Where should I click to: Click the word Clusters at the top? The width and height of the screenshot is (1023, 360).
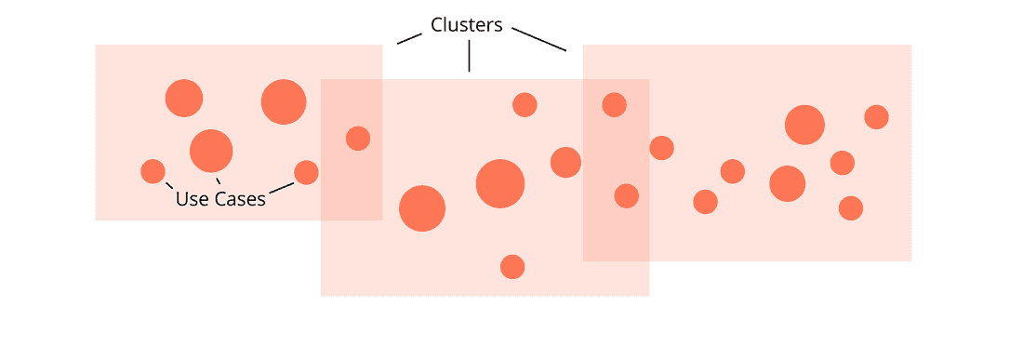(467, 25)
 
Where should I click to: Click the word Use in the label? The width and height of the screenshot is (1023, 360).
(192, 198)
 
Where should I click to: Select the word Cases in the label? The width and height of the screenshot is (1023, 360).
(239, 198)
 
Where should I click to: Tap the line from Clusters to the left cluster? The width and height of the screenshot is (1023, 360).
(408, 37)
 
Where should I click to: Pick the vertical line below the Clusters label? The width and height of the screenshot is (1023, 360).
(469, 57)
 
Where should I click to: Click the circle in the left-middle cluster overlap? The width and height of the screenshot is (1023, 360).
(358, 139)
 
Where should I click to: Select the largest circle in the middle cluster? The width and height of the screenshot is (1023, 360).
(500, 183)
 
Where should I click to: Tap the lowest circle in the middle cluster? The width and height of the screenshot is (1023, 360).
(512, 267)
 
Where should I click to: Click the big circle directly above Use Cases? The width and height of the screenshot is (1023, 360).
(211, 150)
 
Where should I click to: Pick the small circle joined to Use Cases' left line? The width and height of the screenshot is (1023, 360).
(153, 171)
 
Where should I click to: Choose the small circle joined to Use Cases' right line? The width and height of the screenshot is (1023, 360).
(306, 172)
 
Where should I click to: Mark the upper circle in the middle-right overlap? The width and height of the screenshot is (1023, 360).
(614, 104)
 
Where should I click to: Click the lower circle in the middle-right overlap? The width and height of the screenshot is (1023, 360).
(627, 196)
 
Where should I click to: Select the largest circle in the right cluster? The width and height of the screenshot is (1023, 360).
(804, 125)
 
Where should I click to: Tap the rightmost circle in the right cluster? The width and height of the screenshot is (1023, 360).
(876, 117)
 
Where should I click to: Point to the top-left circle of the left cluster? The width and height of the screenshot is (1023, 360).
(184, 98)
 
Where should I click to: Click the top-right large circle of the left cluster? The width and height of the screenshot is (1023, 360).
(284, 102)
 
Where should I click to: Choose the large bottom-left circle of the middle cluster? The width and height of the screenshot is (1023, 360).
(422, 208)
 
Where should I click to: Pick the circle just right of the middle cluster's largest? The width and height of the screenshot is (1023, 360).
(565, 162)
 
